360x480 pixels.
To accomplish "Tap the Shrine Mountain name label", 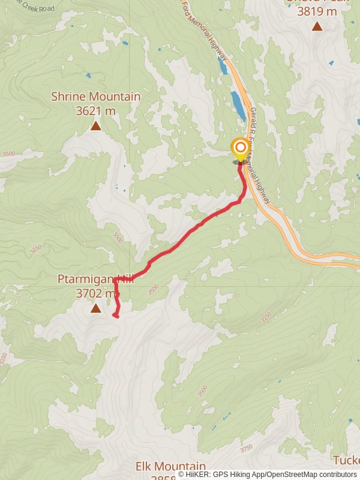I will click(96, 97).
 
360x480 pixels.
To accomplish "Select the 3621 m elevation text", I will click(96, 110).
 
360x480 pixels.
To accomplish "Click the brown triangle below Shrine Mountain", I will click(96, 125).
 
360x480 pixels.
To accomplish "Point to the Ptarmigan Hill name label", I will click(95, 279).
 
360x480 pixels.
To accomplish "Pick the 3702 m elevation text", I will click(95, 293).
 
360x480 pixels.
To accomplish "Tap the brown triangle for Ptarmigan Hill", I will click(96, 308).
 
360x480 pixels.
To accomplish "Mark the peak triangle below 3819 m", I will click(317, 26).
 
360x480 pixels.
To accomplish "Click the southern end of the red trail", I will click(115, 316).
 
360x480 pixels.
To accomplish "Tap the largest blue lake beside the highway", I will click(238, 105).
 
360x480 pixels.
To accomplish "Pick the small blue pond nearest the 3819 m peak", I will click(331, 62).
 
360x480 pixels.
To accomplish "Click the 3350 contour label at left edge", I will click(5, 359).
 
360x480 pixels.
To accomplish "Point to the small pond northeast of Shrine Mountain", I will click(125, 43).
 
